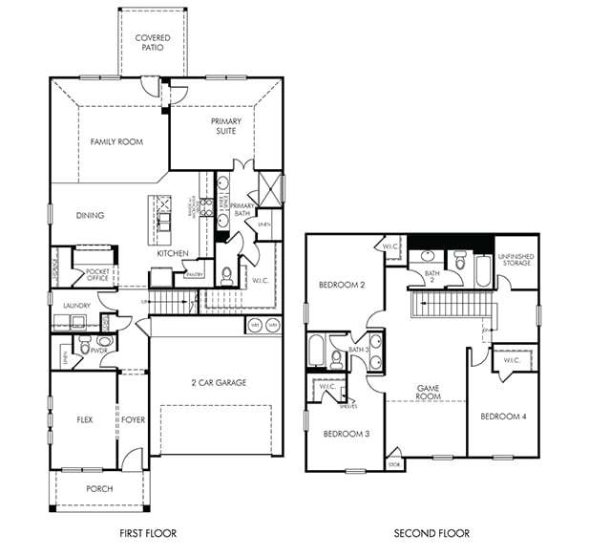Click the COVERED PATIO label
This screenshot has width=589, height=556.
coord(152,43)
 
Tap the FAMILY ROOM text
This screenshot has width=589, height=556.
coord(116,141)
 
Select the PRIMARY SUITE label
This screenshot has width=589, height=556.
coord(226,126)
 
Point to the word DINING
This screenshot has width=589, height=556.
coord(90,215)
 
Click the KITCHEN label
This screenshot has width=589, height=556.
coord(173,253)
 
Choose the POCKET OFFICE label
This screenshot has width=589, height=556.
coord(96,275)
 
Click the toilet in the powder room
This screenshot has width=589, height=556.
coord(84,350)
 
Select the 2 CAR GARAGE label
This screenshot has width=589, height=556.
coord(218,382)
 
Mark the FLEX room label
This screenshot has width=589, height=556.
coord(84,419)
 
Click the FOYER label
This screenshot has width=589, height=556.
coord(132,419)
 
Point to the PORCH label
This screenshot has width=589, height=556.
coord(98,488)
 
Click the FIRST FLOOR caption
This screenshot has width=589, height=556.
coord(147,533)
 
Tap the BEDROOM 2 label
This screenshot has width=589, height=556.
coord(342,285)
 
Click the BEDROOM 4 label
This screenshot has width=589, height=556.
coord(502,417)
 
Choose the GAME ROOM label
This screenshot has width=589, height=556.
coord(428,393)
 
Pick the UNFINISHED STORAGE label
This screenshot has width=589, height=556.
coord(515,259)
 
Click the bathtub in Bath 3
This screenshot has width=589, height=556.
coord(316,352)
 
